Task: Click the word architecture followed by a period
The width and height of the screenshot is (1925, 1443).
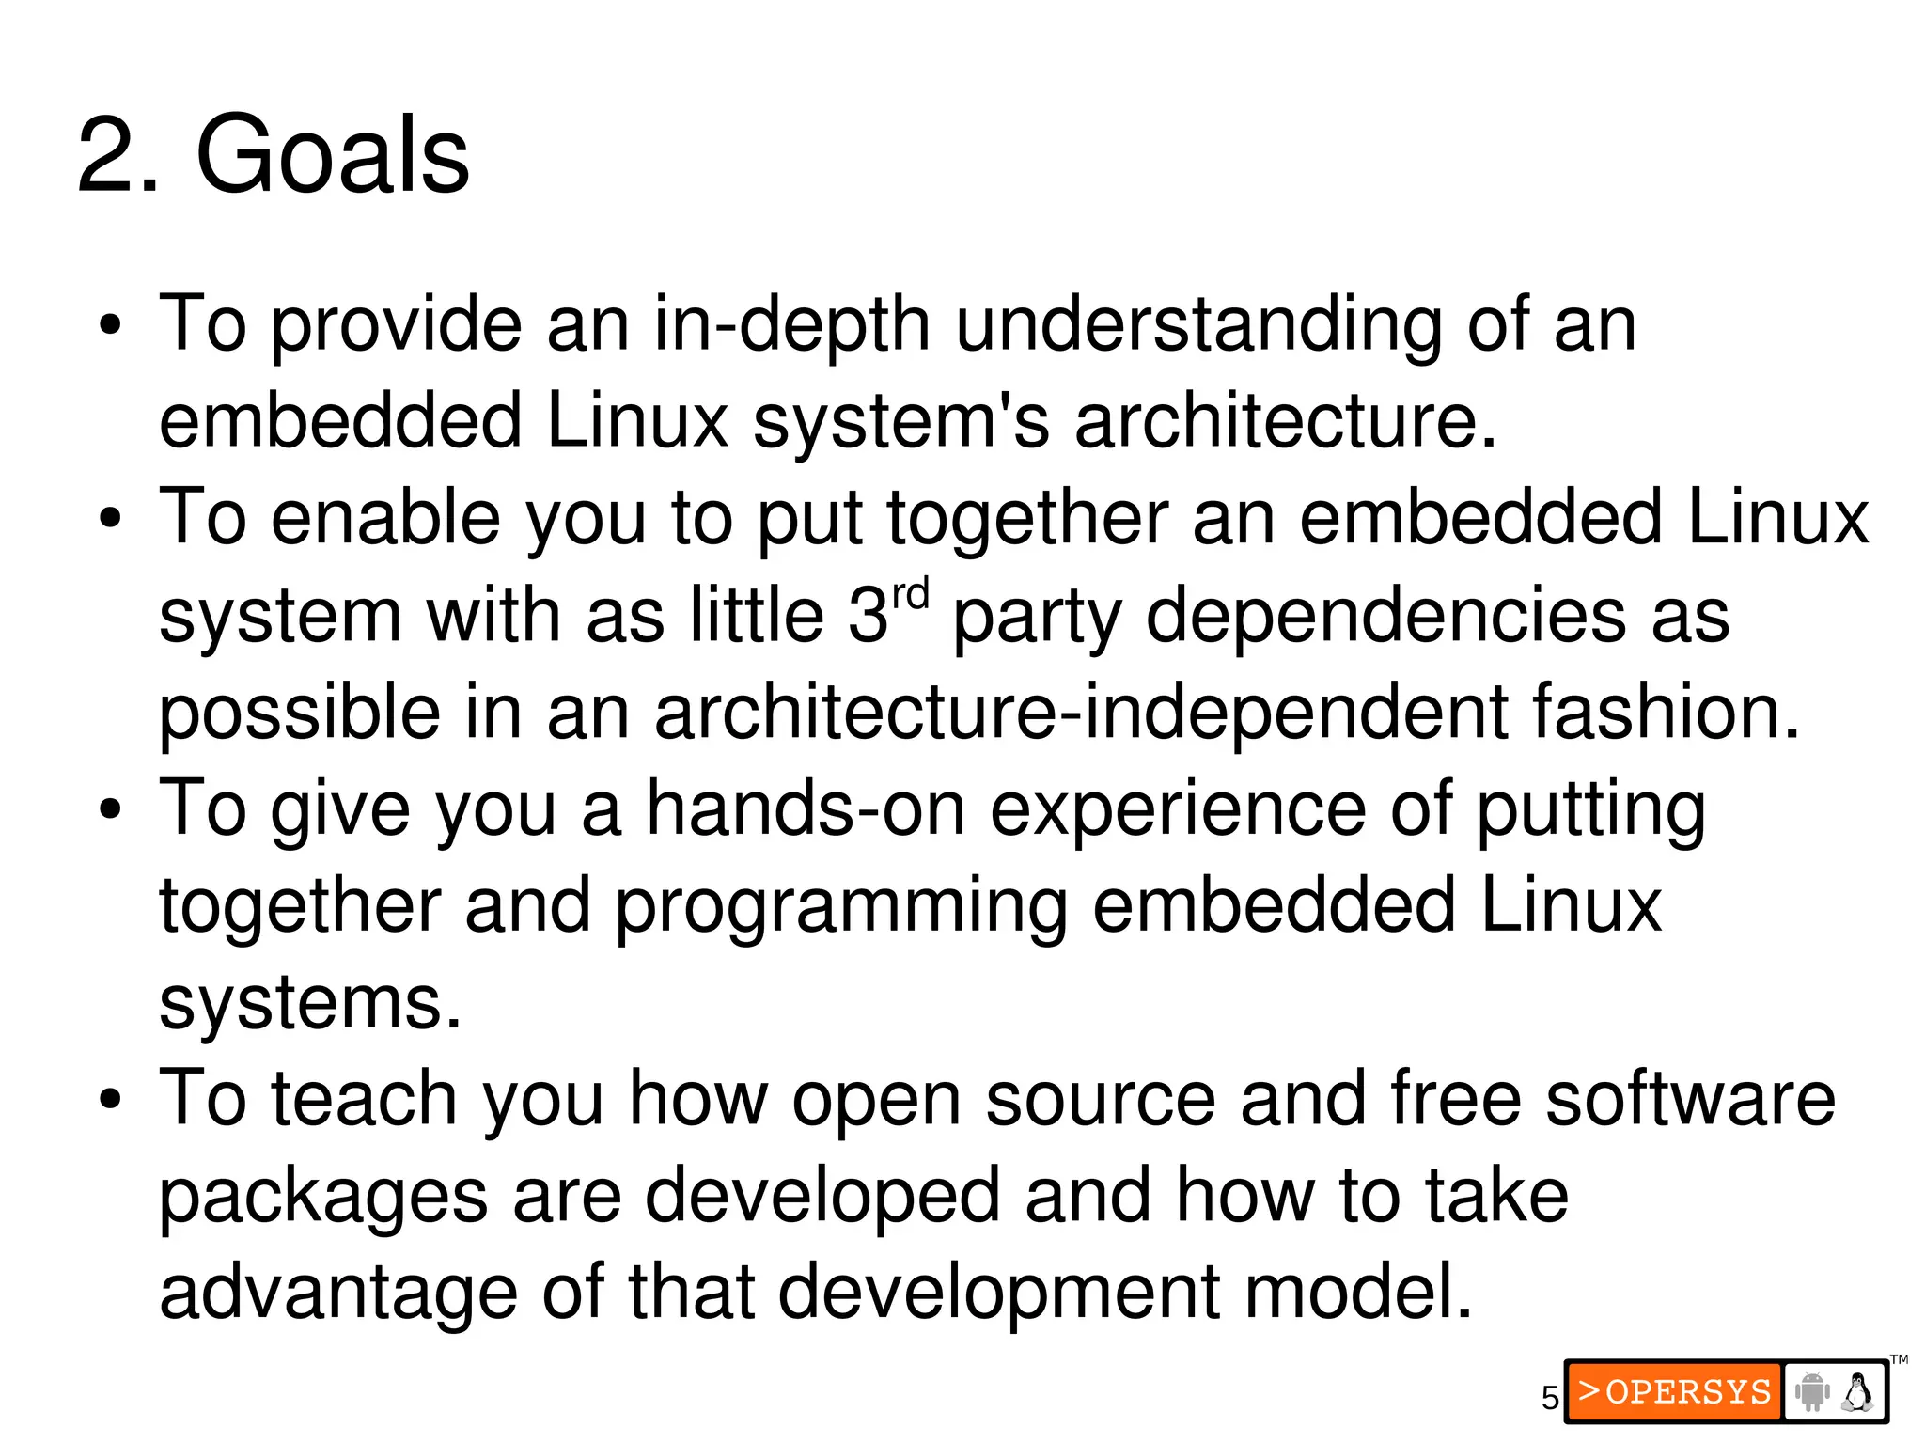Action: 1284,421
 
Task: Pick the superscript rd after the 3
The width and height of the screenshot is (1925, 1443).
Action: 910,595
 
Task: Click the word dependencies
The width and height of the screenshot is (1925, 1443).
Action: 1385,617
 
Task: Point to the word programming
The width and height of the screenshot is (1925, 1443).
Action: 841,906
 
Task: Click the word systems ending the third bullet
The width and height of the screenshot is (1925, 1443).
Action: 310,1003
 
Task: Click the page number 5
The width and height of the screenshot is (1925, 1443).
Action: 1550,1398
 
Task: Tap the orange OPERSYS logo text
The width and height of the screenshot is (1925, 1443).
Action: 1674,1391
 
